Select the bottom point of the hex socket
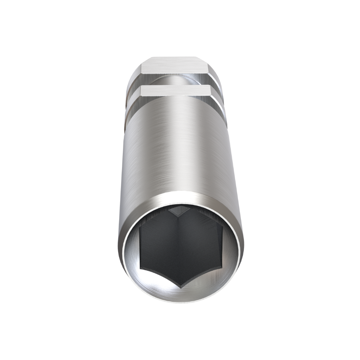(180, 287)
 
